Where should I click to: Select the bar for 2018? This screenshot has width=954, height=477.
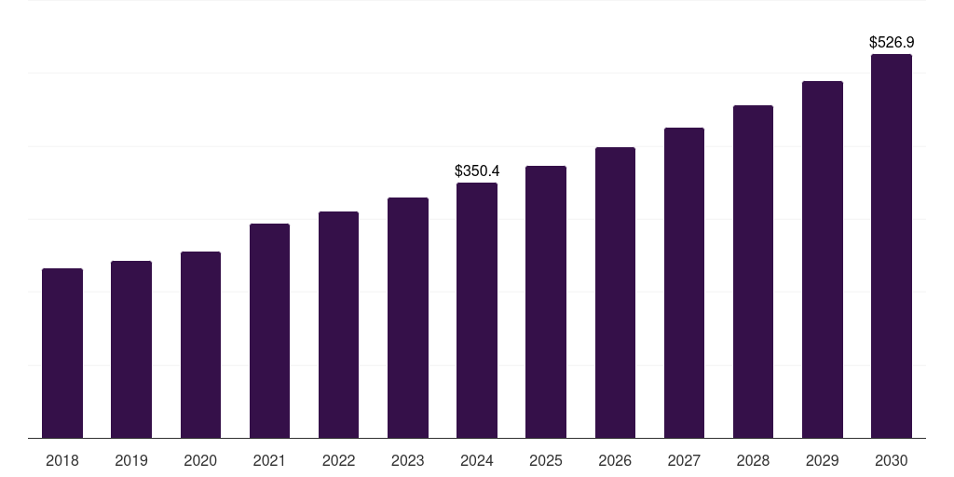tap(62, 353)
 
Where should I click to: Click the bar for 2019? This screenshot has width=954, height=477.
tap(131, 349)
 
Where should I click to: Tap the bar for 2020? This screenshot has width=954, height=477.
tap(200, 345)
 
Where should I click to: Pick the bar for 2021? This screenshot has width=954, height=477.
tap(269, 331)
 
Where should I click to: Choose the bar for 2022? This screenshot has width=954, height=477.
tap(338, 325)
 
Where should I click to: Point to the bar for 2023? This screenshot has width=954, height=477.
tap(408, 318)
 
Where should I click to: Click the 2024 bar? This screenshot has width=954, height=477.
tap(477, 310)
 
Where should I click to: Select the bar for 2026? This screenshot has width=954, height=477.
tap(615, 293)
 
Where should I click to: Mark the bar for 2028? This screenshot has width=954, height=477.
tap(753, 271)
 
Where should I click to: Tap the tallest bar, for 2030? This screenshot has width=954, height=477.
tap(892, 246)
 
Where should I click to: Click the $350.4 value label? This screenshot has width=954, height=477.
tap(477, 171)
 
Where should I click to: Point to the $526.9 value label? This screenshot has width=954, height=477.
tap(892, 42)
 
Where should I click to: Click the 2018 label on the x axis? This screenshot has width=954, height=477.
tap(62, 461)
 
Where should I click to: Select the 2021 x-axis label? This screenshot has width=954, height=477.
tap(269, 461)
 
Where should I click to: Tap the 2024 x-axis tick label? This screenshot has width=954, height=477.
tap(477, 461)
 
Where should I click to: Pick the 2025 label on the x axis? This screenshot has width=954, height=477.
tap(546, 461)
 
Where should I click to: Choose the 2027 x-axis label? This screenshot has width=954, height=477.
tap(684, 461)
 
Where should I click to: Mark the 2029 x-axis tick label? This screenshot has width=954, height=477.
tap(822, 461)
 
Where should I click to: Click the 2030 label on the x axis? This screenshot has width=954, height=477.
tap(892, 461)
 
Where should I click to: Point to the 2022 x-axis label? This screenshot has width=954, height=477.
tap(338, 461)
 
